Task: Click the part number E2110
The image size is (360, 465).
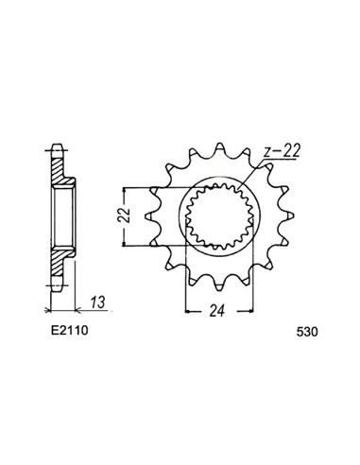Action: (70, 330)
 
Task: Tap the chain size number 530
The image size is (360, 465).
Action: (307, 332)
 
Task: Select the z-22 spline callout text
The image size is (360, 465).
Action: (282, 151)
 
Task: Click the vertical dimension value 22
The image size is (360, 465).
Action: (125, 215)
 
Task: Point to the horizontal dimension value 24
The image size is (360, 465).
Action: (217, 311)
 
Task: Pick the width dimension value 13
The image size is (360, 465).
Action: (97, 302)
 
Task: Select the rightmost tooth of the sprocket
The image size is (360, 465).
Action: (287, 215)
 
